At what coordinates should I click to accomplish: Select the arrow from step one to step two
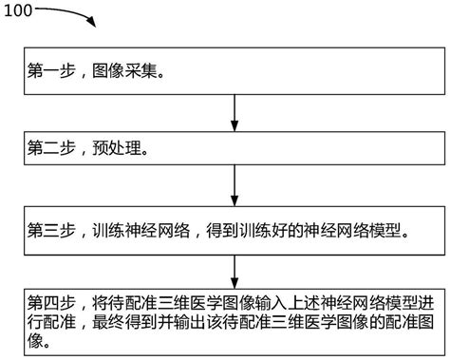point(234,111)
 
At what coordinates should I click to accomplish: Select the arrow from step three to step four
point(234,270)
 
